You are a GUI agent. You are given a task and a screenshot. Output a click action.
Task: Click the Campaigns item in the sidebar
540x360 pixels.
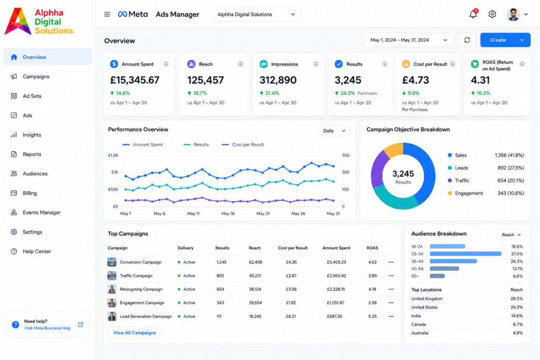click(x=36, y=76)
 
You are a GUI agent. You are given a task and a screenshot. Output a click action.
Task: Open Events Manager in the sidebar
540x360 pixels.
click(x=41, y=212)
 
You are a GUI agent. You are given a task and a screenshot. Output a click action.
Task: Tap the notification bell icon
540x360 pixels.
click(x=473, y=14)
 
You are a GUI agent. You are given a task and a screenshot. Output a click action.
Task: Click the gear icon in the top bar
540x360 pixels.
click(x=492, y=14)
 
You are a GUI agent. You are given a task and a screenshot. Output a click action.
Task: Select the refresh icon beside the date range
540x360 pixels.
click(x=467, y=40)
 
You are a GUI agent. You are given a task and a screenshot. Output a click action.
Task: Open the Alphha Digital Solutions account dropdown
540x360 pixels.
click(x=256, y=14)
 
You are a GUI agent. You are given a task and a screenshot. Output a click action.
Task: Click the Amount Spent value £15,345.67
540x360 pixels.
click(x=134, y=80)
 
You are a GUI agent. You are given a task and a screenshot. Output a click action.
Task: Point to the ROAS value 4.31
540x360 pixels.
click(x=480, y=80)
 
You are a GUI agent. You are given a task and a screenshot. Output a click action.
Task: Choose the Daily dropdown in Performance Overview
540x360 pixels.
click(x=334, y=131)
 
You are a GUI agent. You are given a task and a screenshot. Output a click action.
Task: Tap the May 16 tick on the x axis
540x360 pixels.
click(x=228, y=213)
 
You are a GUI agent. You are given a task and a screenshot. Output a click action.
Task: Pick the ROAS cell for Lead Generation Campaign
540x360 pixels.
click(x=372, y=316)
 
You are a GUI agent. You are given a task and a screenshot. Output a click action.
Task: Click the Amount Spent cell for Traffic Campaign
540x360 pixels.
click(x=336, y=276)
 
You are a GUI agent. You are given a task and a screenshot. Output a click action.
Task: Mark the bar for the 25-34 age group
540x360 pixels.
click(x=466, y=254)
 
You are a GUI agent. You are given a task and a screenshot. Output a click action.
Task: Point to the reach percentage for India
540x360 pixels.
click(x=517, y=316)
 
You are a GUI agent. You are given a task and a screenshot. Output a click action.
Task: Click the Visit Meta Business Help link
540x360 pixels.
click(x=47, y=328)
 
